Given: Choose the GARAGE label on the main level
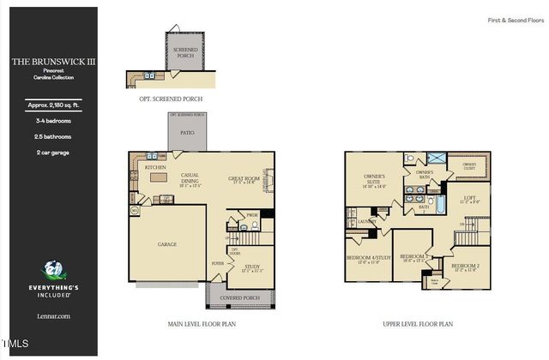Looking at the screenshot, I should (x=167, y=244).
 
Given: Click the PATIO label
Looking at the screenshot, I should (x=187, y=134).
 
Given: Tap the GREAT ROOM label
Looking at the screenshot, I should (x=244, y=179).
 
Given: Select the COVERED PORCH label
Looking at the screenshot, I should (x=240, y=298).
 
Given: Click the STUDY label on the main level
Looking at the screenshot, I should (x=251, y=267).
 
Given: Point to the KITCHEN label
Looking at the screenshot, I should (x=154, y=167).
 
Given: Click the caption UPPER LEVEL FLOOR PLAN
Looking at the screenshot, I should (x=418, y=325).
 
